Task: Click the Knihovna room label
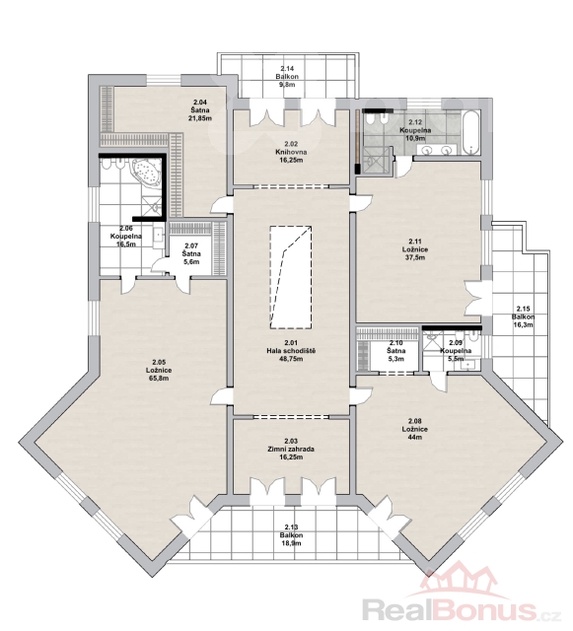(291, 152)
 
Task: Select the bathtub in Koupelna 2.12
(470, 133)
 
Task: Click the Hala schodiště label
(291, 351)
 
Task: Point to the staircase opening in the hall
(291, 277)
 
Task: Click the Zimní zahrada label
(291, 450)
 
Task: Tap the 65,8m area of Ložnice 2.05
(159, 379)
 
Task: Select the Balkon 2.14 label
(287, 76)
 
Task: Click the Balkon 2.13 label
(291, 535)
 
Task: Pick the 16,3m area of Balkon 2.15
(523, 324)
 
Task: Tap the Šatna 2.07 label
(191, 254)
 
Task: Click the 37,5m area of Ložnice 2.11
(415, 257)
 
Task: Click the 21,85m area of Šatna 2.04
(200, 118)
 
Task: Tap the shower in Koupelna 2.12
(378, 160)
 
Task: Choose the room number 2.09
(456, 343)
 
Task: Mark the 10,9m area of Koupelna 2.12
(415, 138)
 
